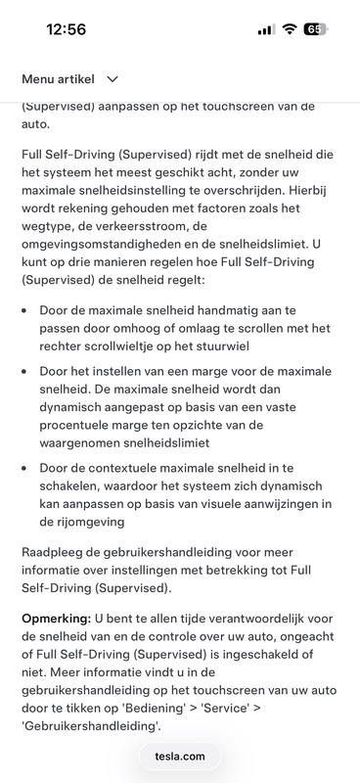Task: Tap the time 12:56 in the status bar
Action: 66,29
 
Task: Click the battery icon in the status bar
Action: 317,29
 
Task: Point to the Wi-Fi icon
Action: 290,29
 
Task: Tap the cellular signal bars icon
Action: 266,29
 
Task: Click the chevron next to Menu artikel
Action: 112,78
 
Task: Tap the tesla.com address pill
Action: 180,756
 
